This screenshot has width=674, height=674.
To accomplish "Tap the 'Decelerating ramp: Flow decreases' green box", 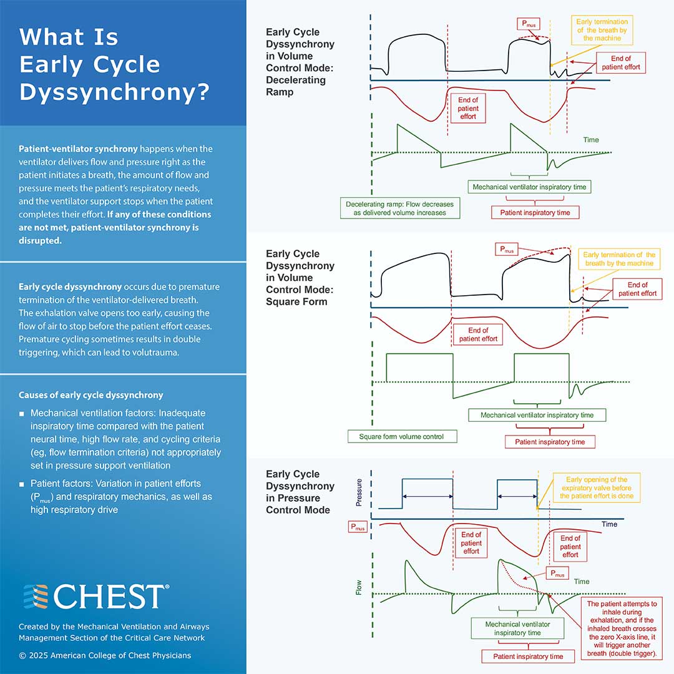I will tap(400, 208).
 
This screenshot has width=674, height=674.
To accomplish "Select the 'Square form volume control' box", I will tap(402, 436).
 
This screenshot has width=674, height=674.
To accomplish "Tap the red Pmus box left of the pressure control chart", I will tap(357, 527).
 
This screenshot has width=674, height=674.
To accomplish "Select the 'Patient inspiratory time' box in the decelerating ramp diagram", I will tap(535, 212).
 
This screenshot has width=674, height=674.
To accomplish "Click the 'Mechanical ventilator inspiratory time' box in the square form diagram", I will tap(537, 415).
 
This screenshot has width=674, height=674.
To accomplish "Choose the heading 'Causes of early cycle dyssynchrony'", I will tap(90, 395).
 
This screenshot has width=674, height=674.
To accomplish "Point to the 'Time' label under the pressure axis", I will tap(609, 524).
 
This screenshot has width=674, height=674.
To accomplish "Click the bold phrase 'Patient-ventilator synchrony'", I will tap(78, 149).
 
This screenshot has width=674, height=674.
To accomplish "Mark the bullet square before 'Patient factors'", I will tap(22, 484).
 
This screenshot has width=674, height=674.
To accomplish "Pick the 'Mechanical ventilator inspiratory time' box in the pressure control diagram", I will tap(517, 628).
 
